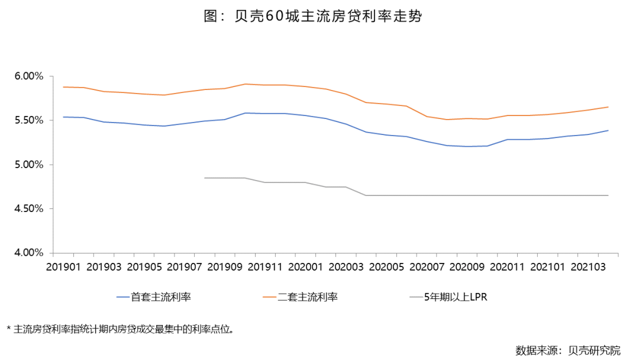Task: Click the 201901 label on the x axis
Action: [64, 267]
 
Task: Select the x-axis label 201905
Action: [145, 267]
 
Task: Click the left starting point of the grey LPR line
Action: [205, 178]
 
